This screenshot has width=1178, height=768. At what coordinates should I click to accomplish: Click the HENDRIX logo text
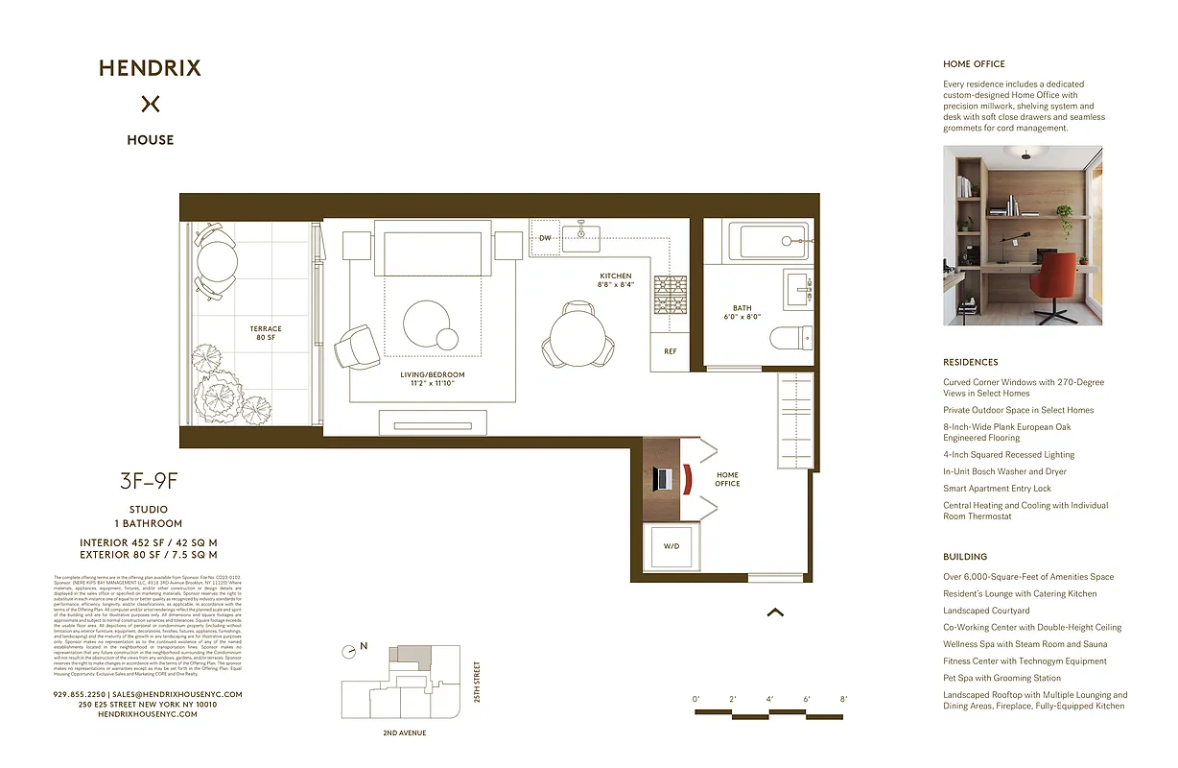point(150,68)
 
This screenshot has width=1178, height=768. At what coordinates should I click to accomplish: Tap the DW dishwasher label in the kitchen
point(545,238)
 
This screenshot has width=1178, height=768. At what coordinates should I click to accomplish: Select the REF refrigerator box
point(670,351)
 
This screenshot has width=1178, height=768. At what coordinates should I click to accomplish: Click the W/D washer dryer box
point(671,545)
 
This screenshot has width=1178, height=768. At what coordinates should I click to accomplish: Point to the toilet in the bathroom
point(794,337)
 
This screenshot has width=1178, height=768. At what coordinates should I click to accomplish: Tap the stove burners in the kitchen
point(671,294)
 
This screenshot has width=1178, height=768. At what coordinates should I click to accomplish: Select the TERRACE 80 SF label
point(265,333)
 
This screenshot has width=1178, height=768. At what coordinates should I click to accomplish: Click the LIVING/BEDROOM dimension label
point(433,378)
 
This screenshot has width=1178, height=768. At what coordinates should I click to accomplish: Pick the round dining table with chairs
point(574,337)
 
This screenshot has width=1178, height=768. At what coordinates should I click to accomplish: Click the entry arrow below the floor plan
point(775,612)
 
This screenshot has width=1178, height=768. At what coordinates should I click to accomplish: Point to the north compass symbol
point(352,650)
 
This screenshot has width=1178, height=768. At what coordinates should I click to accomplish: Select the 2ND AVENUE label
point(404,732)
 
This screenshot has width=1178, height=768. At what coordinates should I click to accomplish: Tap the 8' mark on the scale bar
point(843,699)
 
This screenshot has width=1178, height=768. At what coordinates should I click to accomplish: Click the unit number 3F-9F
point(149,482)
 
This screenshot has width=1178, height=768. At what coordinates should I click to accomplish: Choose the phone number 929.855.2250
point(80,694)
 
